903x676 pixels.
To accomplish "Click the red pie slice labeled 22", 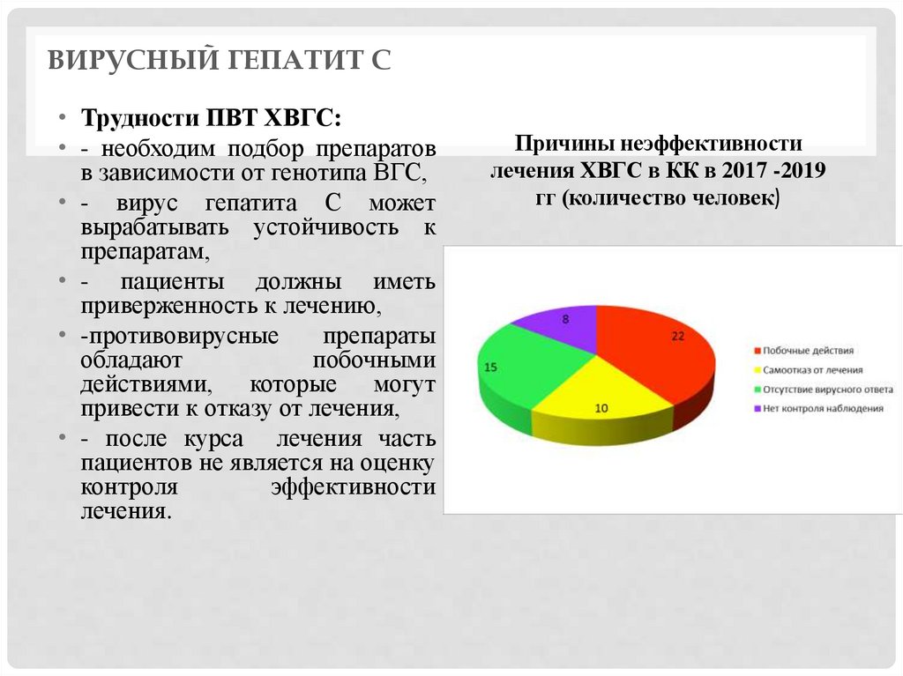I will coord(653,353).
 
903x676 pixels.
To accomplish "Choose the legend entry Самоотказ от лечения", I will coord(812,370).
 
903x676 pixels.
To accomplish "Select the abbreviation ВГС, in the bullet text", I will coord(400,171).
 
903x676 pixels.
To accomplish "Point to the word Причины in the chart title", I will coord(556,143).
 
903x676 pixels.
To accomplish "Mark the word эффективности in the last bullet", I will coord(353,487).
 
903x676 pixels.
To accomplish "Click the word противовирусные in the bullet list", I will coord(180,337).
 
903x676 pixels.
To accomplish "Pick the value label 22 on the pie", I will coord(676,336).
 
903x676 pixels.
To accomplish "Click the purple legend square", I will coord(757,408).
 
